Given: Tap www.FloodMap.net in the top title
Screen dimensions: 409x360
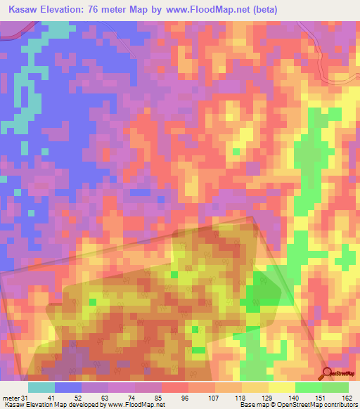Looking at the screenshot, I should (207, 10).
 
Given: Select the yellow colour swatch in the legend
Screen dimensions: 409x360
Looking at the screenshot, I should (281, 387).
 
